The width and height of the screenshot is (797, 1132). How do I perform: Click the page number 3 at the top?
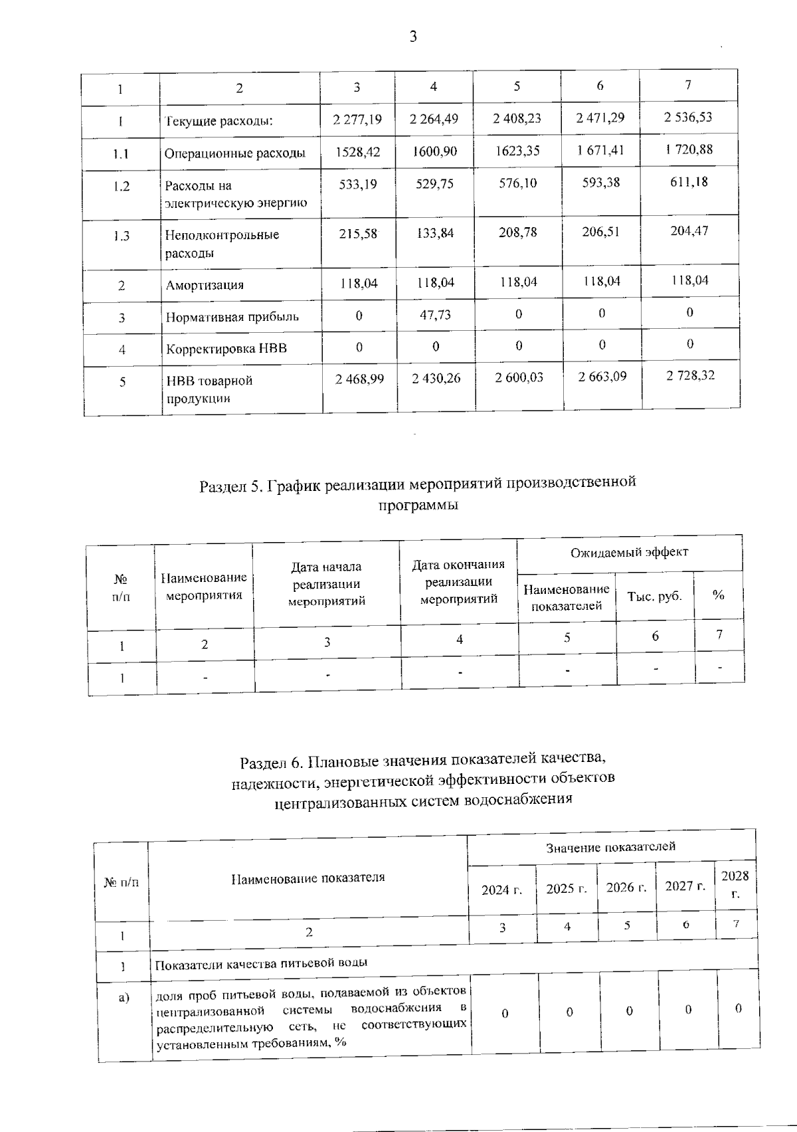413,37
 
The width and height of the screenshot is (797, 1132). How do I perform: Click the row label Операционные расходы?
235,153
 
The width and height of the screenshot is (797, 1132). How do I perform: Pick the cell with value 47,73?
435,315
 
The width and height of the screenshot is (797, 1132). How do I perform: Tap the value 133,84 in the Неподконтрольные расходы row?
435,233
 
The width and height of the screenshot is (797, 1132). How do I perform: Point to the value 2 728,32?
690,375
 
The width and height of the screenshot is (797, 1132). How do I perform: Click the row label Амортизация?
205,285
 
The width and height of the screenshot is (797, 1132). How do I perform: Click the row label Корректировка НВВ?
226,348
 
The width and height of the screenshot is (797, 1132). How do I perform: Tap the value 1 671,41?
600,150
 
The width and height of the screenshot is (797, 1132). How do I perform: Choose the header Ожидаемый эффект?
629,552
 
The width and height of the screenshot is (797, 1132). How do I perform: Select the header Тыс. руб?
654,596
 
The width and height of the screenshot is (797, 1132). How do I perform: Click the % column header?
718,595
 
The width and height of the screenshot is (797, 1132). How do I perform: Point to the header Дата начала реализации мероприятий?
326,584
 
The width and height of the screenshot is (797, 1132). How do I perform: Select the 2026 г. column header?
626,888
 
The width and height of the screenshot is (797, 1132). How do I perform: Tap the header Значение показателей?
610,847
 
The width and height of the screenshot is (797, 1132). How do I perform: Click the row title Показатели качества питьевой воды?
261,963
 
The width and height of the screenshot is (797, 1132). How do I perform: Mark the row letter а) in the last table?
124,997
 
